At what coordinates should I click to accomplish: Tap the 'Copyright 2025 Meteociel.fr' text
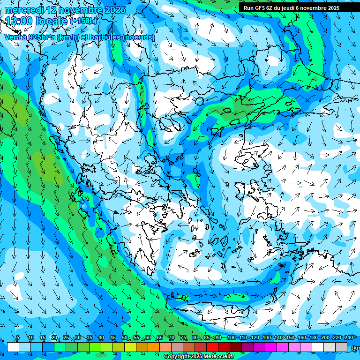point(199,357)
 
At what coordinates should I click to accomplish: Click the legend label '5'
point(18,338)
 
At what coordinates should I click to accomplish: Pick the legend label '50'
point(125,338)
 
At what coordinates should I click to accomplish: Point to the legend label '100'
point(231,338)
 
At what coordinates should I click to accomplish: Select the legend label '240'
point(348,338)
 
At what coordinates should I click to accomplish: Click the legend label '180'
point(313,338)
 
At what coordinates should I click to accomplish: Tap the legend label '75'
point(183,338)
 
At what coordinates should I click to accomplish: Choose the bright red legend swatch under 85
point(212,347)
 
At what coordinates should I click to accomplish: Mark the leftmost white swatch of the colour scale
point(13,347)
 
